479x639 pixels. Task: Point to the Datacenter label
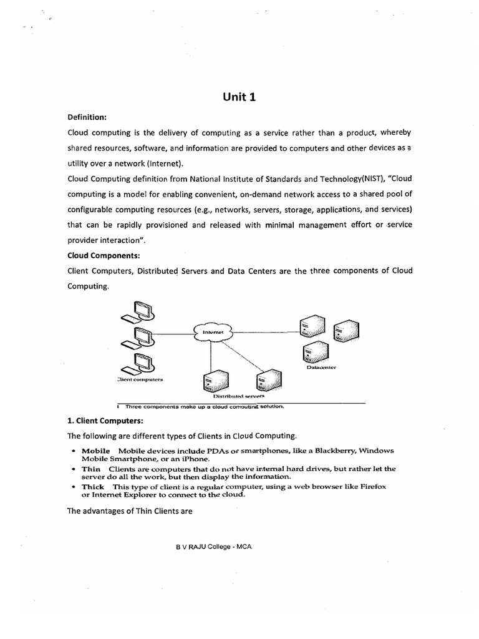pyautogui.click(x=321, y=368)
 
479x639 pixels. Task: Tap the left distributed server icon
pyautogui.click(x=215, y=380)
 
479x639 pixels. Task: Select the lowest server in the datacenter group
pyautogui.click(x=312, y=353)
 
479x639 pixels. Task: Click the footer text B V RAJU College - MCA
pyautogui.click(x=213, y=545)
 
